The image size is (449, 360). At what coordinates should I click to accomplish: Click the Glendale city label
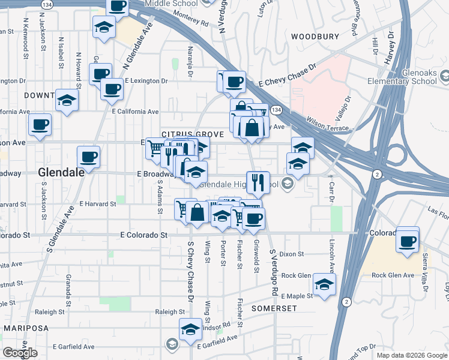61,172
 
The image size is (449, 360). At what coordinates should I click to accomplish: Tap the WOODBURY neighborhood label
315,37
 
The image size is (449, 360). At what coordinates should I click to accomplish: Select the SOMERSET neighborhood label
274,308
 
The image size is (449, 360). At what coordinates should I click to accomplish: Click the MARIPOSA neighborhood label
26,328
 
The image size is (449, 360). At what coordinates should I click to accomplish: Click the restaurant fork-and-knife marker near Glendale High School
258,182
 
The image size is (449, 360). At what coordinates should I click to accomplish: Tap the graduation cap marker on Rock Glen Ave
324,284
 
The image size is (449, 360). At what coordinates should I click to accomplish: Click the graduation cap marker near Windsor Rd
190,329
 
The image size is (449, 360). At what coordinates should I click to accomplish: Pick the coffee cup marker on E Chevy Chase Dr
234,82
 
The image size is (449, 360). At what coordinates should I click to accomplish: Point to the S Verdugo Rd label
273,271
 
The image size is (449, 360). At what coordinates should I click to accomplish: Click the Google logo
20,353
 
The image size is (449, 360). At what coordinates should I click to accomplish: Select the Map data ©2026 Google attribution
411,355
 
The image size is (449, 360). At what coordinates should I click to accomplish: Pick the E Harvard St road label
97,204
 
